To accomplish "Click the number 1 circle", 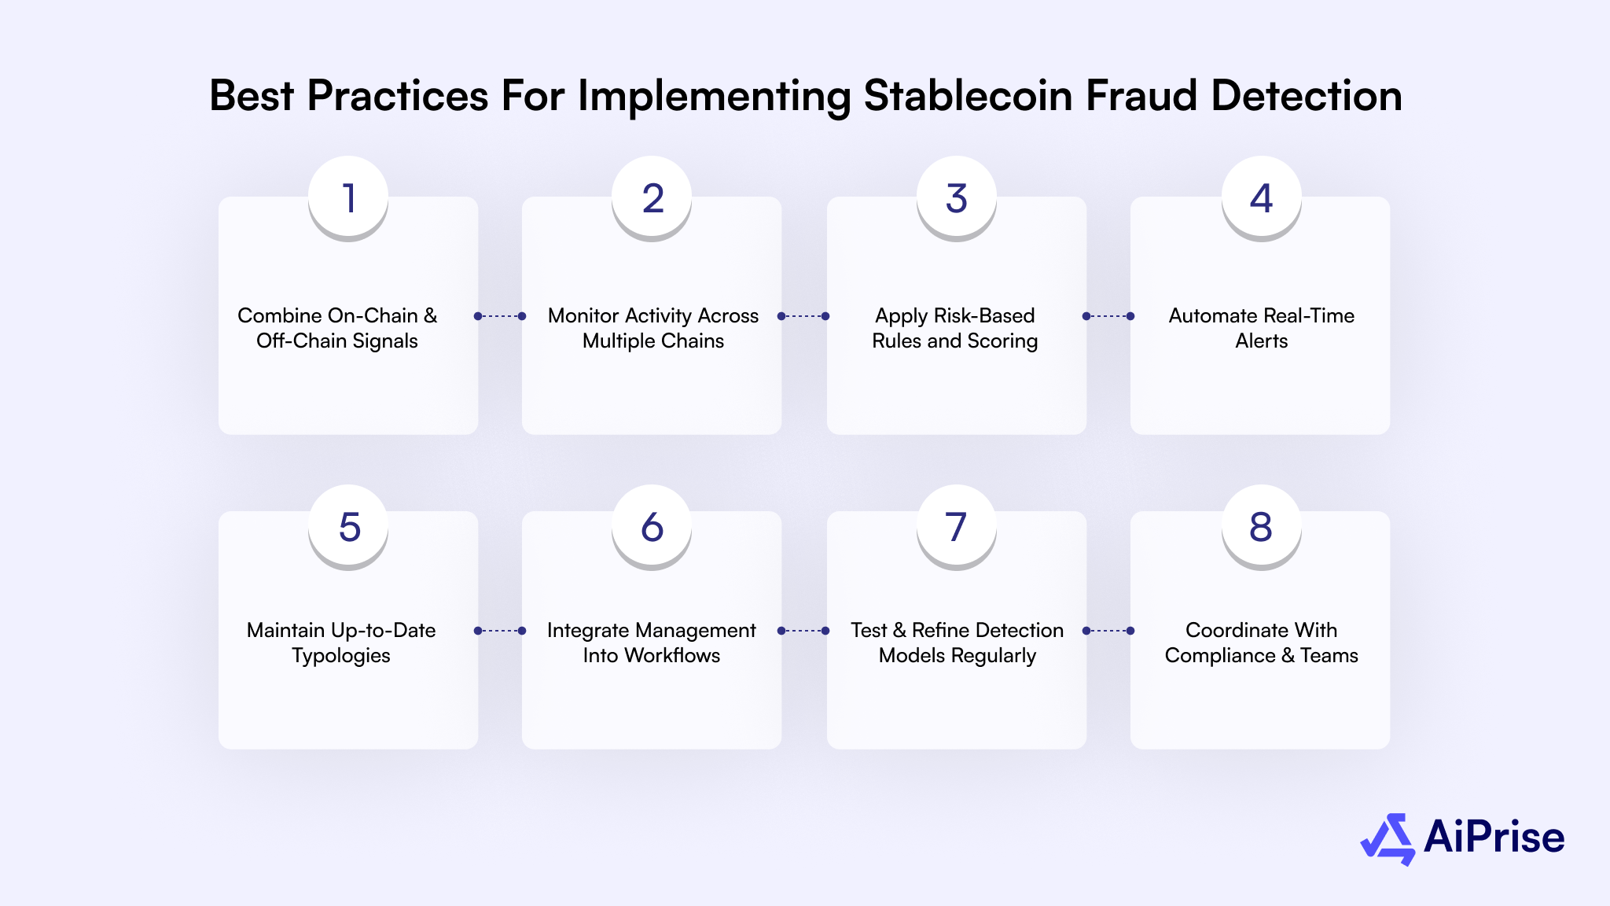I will (x=348, y=197).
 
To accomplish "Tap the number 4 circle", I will (x=1261, y=197).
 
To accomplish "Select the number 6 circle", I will (x=652, y=526).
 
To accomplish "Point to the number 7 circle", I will (x=956, y=526).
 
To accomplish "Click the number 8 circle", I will (x=1261, y=526).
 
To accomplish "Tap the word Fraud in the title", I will (x=1141, y=96).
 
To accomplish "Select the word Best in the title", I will (x=252, y=96).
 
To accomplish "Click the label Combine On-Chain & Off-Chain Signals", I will (x=337, y=328).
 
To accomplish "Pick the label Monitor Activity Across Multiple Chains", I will (x=652, y=328).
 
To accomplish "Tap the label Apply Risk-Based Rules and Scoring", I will (x=955, y=328).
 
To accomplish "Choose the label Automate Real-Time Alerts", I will (x=1261, y=328).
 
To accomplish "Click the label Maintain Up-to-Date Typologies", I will (x=341, y=643).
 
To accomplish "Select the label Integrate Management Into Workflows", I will (x=652, y=643).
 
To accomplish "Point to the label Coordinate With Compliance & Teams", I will (x=1261, y=643).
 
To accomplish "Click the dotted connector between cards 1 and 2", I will (x=500, y=316).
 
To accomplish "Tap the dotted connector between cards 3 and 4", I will (x=1108, y=316).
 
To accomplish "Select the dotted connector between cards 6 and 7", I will (x=803, y=631).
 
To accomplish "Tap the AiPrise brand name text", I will (x=1494, y=837).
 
